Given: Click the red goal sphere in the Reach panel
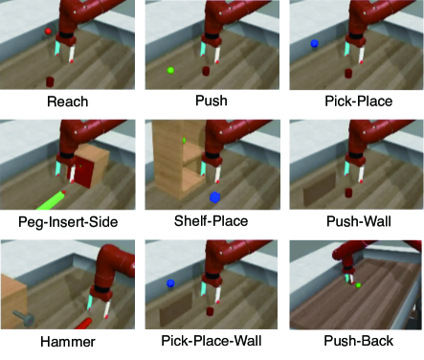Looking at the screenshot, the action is (48, 32).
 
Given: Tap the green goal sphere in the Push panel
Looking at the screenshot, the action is (170, 70).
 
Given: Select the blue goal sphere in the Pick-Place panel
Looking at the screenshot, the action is (314, 44).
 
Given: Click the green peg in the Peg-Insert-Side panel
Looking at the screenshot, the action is (50, 201).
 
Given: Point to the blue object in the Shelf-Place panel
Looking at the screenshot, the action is (214, 197).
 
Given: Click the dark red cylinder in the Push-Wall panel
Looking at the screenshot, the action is (348, 192).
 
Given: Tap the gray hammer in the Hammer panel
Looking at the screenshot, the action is (24, 318).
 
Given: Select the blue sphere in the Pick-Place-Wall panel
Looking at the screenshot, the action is (170, 282).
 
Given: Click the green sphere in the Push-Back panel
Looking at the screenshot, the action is (358, 285).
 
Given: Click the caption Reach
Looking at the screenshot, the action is (68, 101).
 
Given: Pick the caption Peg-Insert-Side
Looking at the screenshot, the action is (68, 221).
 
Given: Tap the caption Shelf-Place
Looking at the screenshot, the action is (211, 221).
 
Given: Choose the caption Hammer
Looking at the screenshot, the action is (68, 342).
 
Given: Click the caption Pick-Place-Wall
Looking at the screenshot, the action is (212, 341).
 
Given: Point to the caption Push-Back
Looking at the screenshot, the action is (359, 341).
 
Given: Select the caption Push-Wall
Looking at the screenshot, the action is (359, 221).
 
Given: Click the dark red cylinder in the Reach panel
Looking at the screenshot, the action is (50, 81).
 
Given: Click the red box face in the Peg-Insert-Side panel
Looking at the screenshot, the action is (83, 173).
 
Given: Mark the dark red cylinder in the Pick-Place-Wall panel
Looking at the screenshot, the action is (210, 311).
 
